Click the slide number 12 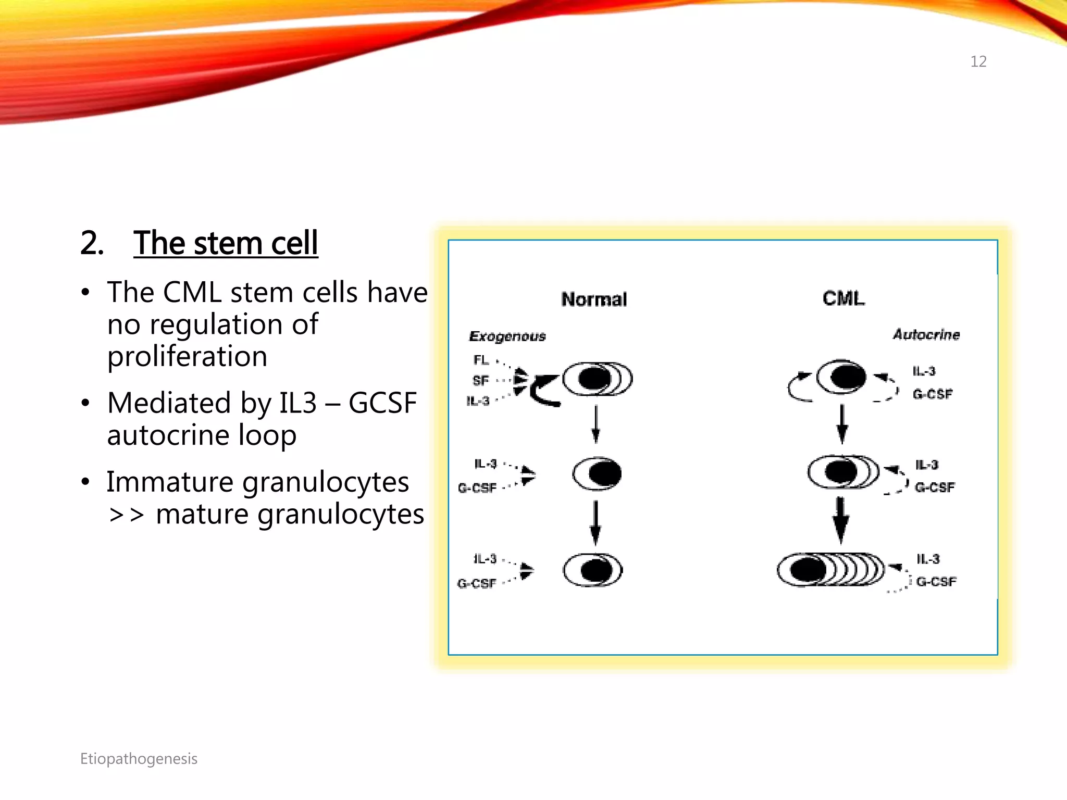click(978, 61)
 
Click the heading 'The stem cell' click(225, 243)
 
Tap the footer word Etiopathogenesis click(139, 759)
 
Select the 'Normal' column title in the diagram click(594, 299)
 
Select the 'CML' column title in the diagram click(843, 298)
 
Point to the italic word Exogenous click(507, 336)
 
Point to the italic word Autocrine click(926, 334)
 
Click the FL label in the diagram click(481, 360)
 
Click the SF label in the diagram click(480, 381)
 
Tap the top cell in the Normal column click(597, 379)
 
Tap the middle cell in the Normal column click(598, 473)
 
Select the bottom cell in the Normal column click(593, 570)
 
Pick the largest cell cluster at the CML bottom click(830, 569)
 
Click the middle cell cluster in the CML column click(842, 472)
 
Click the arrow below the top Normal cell click(596, 424)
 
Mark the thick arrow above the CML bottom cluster click(840, 520)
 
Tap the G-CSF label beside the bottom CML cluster click(936, 582)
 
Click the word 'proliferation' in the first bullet click(187, 357)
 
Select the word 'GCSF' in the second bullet click(382, 403)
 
